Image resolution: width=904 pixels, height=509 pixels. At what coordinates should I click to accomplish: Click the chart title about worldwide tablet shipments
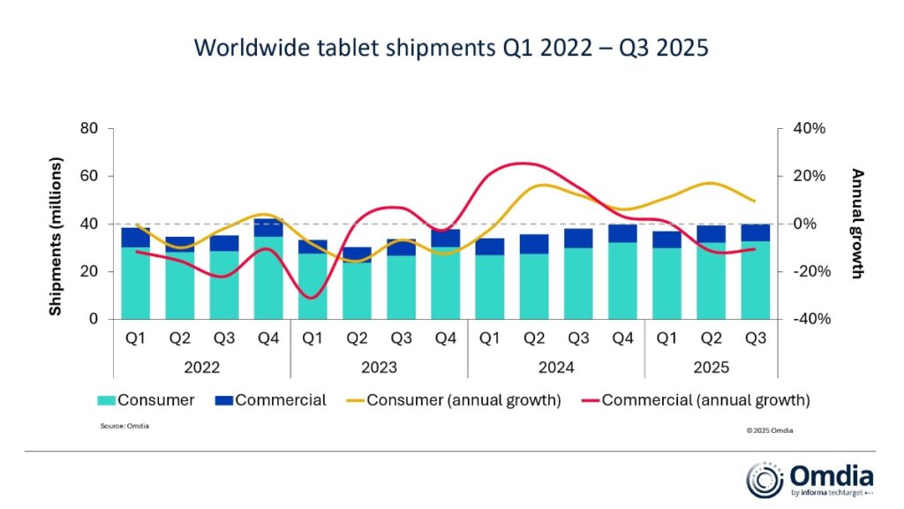pos(451,47)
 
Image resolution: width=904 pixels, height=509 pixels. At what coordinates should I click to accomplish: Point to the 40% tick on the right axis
pos(808,129)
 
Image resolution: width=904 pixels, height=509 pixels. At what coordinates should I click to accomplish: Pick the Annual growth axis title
pos(855,224)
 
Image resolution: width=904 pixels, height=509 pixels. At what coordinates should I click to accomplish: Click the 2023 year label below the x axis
pos(380,367)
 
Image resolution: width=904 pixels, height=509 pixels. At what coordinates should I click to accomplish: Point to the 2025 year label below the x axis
pos(712,367)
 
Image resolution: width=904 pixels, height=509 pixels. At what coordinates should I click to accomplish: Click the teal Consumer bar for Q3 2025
pos(756,278)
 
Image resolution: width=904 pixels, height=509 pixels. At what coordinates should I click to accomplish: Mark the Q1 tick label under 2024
pos(490,339)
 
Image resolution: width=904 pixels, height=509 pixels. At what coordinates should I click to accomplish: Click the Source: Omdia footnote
pos(124,426)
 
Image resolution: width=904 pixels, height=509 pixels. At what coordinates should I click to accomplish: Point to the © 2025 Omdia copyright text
pos(770,430)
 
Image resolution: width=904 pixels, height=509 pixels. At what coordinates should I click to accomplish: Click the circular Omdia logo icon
pos(763,479)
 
